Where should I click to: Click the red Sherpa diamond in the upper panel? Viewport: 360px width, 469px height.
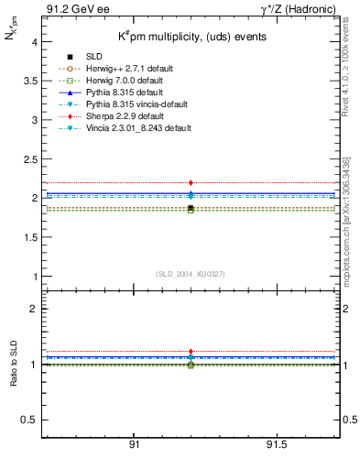pyautogui.click(x=191, y=183)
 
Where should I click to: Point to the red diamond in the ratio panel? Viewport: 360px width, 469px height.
pyautogui.click(x=191, y=352)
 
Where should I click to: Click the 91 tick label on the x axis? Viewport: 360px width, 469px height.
pyautogui.click(x=134, y=444)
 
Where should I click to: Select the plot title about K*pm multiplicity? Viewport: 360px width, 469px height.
pyautogui.click(x=190, y=37)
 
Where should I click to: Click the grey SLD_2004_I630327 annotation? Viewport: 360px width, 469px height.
pyautogui.click(x=190, y=274)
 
